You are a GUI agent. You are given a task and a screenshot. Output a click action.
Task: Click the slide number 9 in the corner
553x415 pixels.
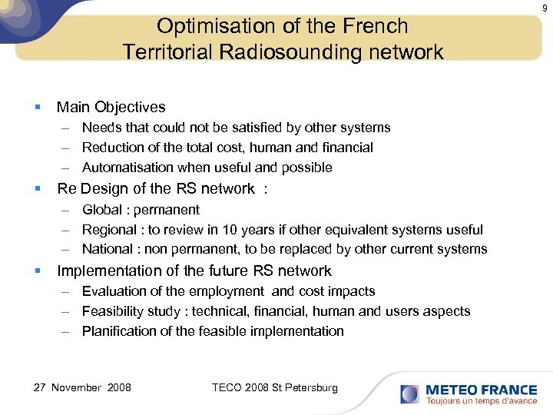pyautogui.click(x=545, y=8)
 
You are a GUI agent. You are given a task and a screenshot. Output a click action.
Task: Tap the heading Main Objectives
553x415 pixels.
pyautogui.click(x=111, y=107)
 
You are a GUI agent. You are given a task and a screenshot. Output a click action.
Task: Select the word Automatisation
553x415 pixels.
pyautogui.click(x=127, y=168)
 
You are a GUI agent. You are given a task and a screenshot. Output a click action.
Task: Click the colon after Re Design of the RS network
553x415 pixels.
pyautogui.click(x=265, y=189)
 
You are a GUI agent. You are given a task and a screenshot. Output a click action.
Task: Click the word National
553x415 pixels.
pyautogui.click(x=108, y=249)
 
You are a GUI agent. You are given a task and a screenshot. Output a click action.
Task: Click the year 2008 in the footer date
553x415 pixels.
pyautogui.click(x=118, y=387)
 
